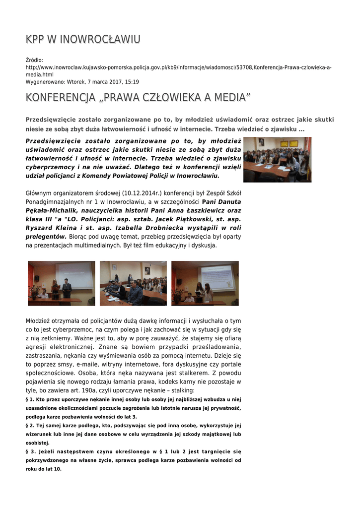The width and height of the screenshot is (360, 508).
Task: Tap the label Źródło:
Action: [x=35, y=60]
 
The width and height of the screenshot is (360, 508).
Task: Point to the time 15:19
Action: [x=132, y=82]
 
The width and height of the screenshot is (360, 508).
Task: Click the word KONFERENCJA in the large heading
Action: [x=60, y=98]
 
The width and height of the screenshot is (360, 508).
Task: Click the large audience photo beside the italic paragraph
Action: [x=277, y=160]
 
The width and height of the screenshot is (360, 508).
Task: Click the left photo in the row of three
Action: [x=61, y=283]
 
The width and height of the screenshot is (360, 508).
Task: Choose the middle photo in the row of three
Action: [x=133, y=283]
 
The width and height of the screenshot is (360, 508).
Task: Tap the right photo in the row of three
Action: [x=205, y=283]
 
